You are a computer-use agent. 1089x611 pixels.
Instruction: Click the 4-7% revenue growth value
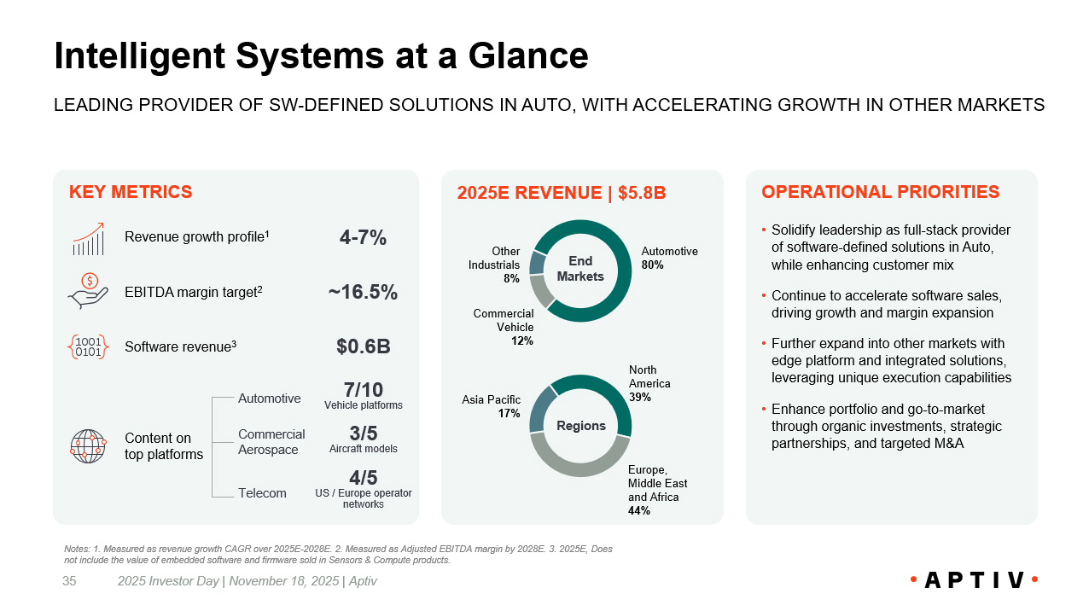(x=363, y=238)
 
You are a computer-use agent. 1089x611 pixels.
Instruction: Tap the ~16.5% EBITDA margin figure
(x=363, y=293)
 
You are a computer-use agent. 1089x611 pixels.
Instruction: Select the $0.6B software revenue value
(x=363, y=346)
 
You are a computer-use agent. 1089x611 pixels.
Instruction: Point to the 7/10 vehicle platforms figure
(x=363, y=391)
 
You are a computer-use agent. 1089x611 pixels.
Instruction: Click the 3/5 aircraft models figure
(x=363, y=434)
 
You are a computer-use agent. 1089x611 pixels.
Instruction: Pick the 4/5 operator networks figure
(x=363, y=477)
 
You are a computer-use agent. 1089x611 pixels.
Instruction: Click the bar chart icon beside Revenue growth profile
(x=88, y=240)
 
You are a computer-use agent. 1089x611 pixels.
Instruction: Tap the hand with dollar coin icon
(x=89, y=291)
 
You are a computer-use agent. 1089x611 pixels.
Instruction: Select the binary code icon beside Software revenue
(x=88, y=346)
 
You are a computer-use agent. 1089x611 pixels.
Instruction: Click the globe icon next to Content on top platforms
(x=88, y=446)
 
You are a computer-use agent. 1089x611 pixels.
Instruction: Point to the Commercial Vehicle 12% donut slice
(x=541, y=292)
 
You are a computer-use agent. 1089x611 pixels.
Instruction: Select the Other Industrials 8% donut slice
(x=537, y=262)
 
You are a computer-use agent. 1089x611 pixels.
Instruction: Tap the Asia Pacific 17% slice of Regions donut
(x=538, y=410)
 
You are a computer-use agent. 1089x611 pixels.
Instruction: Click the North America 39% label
(x=649, y=383)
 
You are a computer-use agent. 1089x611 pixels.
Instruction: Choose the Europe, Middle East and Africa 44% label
(x=657, y=490)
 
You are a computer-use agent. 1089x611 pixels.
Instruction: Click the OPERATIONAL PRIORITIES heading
(x=880, y=192)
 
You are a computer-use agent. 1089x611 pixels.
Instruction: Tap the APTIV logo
(x=974, y=580)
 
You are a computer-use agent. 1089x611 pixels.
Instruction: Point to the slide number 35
(x=69, y=581)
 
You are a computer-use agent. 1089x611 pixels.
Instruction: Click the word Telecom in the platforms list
(x=262, y=493)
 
